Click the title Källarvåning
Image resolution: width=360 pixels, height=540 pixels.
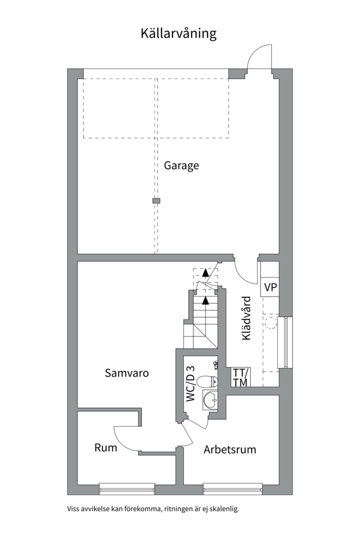coord(178,34)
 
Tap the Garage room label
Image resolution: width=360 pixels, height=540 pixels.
coord(181,165)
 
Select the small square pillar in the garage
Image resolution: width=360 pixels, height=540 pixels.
coord(156,200)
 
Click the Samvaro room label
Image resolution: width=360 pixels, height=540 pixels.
coord(127,373)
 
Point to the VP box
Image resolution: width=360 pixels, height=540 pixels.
coord(269,287)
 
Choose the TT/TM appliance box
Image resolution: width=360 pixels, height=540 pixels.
coord(240,377)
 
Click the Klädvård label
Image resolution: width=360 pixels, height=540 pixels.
coord(246,318)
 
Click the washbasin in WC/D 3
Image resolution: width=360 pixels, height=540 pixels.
coord(210,400)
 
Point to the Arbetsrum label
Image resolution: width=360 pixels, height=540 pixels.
coord(230,450)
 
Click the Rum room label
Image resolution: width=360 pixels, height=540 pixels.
coord(106,447)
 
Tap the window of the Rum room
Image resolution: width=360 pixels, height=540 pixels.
coord(126,488)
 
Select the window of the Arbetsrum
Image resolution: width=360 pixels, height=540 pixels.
coord(232,488)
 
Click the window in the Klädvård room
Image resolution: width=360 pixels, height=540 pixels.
coord(285,342)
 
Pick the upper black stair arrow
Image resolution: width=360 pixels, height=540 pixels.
coord(205,272)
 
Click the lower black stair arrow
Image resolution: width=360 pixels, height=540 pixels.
coord(205,300)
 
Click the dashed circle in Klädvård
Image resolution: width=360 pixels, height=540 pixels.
coord(271,322)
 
